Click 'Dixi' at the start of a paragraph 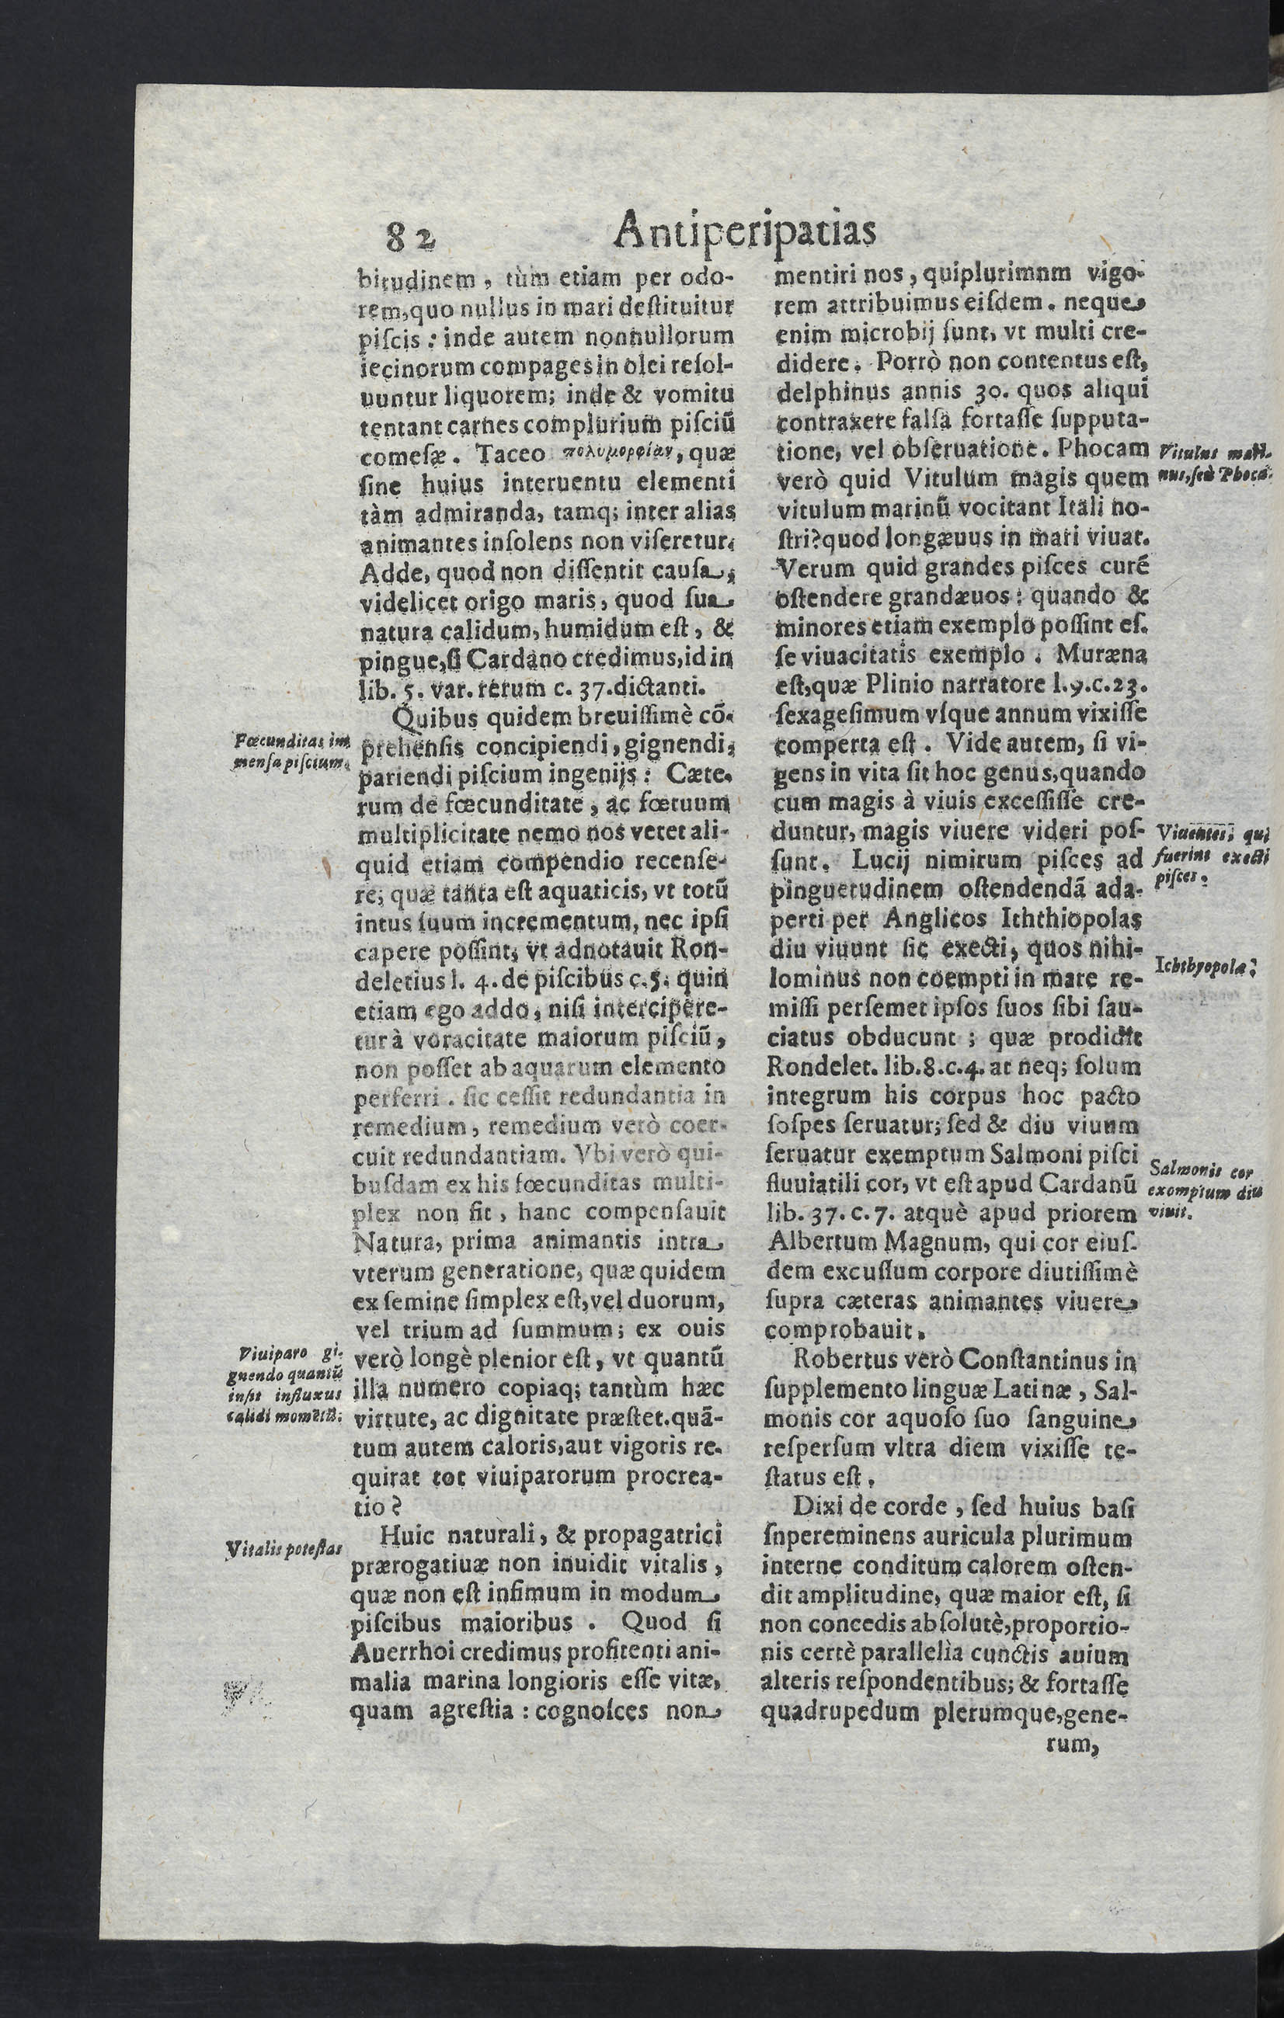pos(825,1506)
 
